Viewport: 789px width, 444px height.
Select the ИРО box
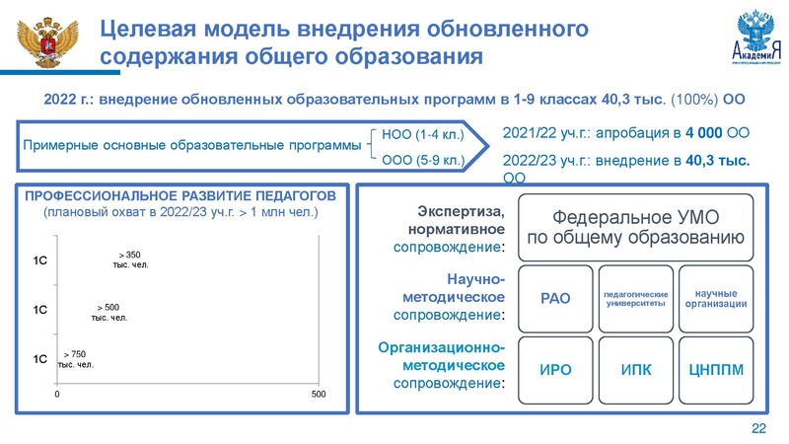(x=555, y=369)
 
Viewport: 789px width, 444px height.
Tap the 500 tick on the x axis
(x=318, y=394)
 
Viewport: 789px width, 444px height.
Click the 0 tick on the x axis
(x=57, y=394)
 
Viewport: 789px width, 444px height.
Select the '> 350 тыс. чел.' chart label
(x=130, y=259)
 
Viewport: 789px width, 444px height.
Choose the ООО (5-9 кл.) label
(x=421, y=160)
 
